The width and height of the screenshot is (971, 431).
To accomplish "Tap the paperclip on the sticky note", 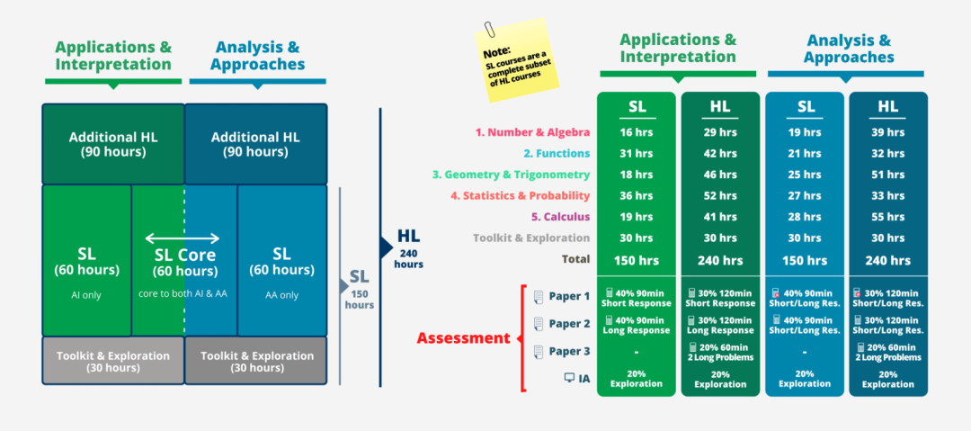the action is click(x=491, y=29).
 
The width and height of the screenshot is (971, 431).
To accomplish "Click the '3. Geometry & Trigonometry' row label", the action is click(x=511, y=175).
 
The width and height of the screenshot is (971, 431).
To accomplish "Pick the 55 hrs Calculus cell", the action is click(x=887, y=217).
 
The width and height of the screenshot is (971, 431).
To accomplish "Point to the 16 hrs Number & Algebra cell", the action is click(x=636, y=132).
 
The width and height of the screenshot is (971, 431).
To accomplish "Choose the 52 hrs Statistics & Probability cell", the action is click(x=720, y=196).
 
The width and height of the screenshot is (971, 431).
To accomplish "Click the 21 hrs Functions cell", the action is click(x=805, y=154).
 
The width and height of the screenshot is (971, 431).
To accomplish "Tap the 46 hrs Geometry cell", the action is click(x=720, y=175).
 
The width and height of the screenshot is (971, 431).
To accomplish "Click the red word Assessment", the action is click(x=463, y=338).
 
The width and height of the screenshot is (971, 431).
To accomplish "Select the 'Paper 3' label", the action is click(x=569, y=352).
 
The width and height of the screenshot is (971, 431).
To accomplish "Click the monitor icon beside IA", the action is click(x=569, y=377).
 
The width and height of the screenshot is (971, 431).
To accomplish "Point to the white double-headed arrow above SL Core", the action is click(x=182, y=238).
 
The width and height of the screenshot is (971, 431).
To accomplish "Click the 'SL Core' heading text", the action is click(x=185, y=255).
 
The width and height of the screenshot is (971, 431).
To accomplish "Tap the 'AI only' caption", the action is click(x=86, y=295).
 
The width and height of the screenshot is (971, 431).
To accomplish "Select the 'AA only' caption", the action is click(x=281, y=295).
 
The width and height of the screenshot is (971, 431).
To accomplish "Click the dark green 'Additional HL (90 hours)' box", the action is click(x=113, y=144).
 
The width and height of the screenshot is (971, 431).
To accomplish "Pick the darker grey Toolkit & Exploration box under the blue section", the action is click(x=255, y=361).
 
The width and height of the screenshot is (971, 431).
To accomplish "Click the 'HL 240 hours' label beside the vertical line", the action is click(x=409, y=248).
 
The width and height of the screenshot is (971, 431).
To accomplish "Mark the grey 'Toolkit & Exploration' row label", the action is click(x=531, y=238).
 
